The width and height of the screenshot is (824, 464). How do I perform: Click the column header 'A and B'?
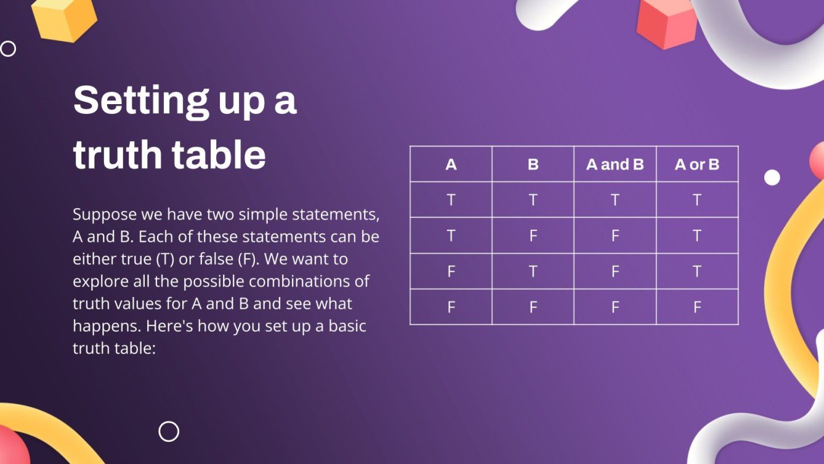(615, 165)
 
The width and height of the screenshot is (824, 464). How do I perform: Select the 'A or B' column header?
(697, 165)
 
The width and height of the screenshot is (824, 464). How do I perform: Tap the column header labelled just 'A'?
(451, 165)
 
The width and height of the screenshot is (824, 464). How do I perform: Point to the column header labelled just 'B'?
(533, 165)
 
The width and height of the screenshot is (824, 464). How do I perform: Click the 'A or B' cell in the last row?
(697, 307)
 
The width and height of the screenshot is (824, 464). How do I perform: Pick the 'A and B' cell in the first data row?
(615, 200)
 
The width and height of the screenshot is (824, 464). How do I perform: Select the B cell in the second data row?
(533, 235)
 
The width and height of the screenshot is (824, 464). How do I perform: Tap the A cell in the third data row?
(451, 271)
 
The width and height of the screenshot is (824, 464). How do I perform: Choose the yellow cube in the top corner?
(64, 18)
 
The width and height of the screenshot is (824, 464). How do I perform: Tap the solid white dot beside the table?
(772, 177)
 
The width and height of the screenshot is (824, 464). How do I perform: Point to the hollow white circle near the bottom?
(169, 431)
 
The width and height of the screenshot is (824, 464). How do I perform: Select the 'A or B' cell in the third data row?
(697, 271)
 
